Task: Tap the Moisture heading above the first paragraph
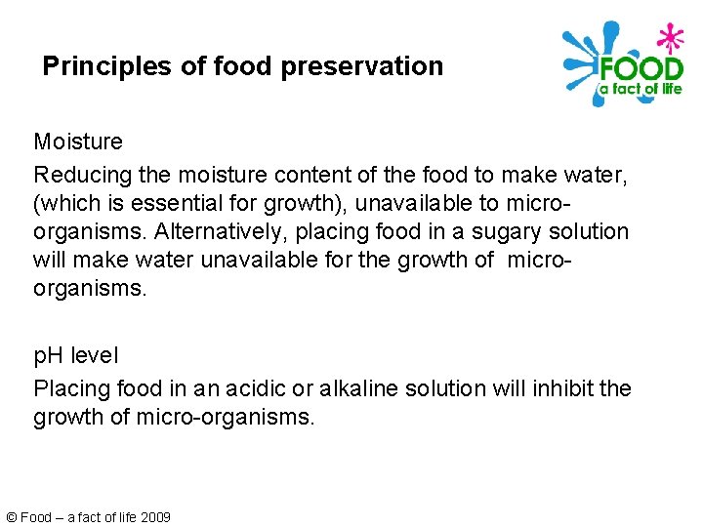click(78, 142)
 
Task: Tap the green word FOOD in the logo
click(641, 70)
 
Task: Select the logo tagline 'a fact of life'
click(640, 90)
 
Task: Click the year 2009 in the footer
click(155, 517)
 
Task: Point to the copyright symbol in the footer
click(12, 517)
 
